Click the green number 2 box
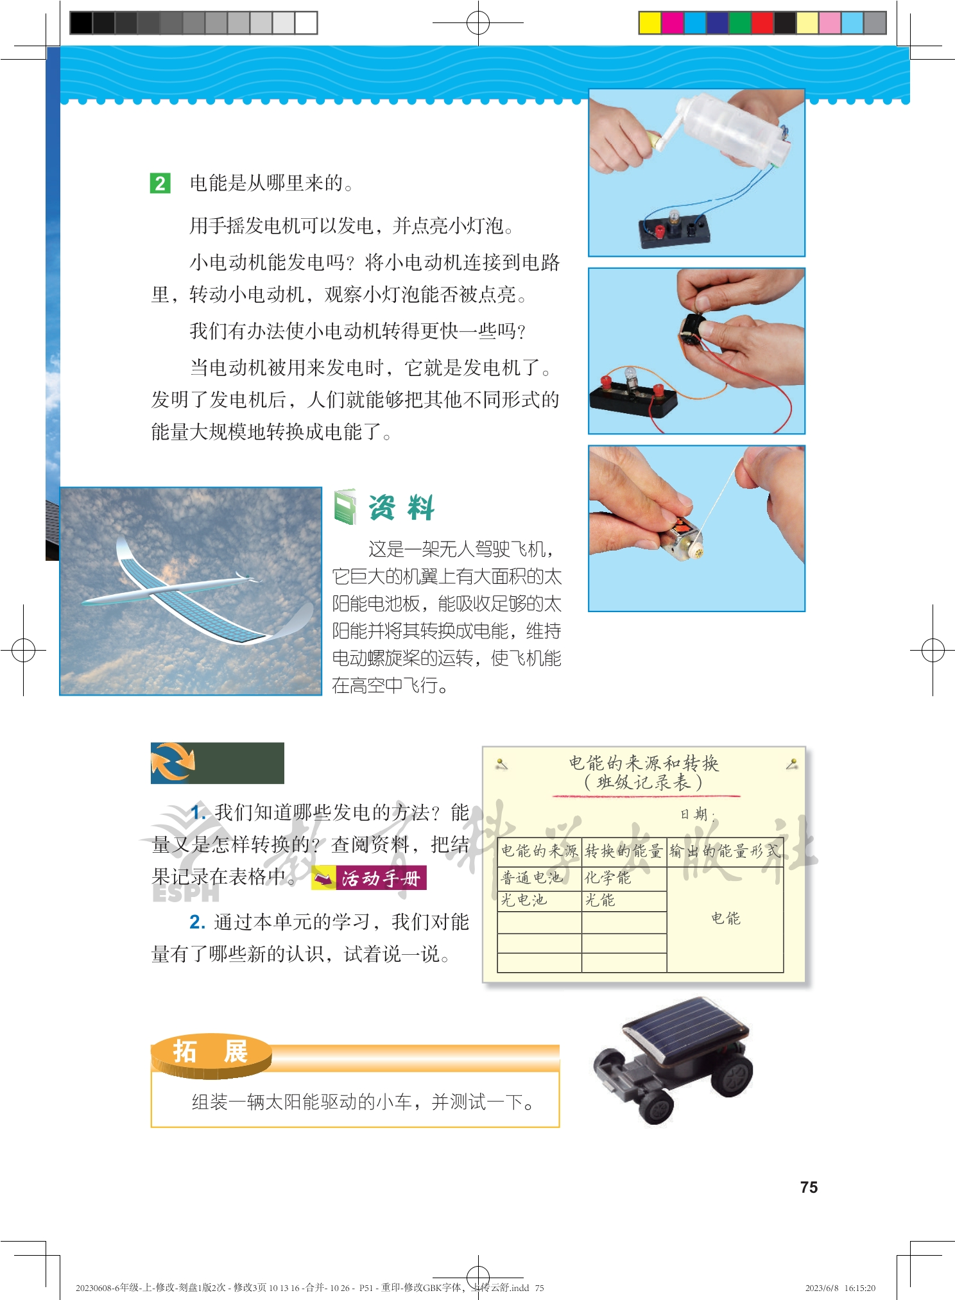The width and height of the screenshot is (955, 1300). pyautogui.click(x=160, y=184)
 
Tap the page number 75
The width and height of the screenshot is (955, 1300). pyautogui.click(x=809, y=1187)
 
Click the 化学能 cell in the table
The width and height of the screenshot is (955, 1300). pyautogui.click(x=607, y=877)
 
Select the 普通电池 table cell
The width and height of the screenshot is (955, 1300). pyautogui.click(x=531, y=877)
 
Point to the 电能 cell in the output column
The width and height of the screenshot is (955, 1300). pyautogui.click(x=725, y=918)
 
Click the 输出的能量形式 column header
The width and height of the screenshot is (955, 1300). pyautogui.click(x=725, y=851)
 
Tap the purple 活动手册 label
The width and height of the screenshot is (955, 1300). pyautogui.click(x=369, y=878)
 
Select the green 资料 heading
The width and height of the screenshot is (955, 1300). pyautogui.click(x=402, y=508)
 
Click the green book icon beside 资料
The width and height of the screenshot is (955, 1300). pyautogui.click(x=345, y=507)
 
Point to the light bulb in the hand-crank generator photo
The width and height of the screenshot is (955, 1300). pyautogui.click(x=674, y=218)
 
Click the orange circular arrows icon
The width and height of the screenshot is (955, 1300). pyautogui.click(x=173, y=762)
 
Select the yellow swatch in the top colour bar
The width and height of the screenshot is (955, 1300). pyautogui.click(x=650, y=23)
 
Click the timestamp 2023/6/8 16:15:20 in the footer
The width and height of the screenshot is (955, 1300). pyautogui.click(x=840, y=1287)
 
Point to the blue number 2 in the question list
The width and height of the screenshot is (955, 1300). pyautogui.click(x=197, y=922)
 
